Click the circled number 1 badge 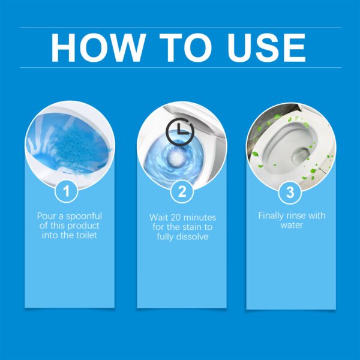[x=67, y=192]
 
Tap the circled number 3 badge [x=290, y=192]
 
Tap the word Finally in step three [x=272, y=215]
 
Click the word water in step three [x=290, y=226]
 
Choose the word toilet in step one [x=83, y=236]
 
